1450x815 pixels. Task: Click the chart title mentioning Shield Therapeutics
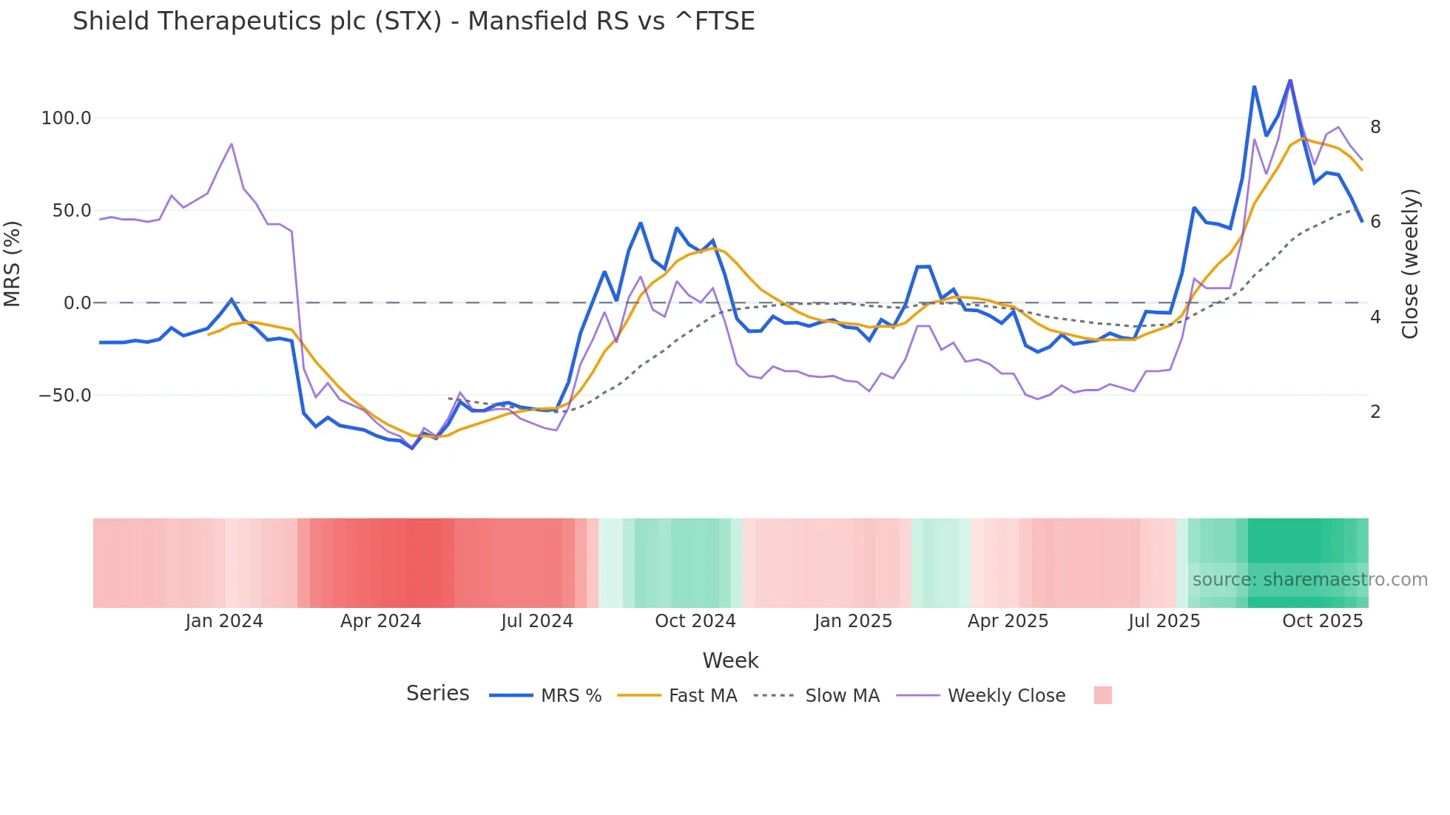413,21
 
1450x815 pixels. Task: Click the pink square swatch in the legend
1102,695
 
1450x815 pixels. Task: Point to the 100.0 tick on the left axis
66,118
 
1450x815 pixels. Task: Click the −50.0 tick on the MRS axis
65,396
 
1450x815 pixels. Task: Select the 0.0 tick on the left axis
77,303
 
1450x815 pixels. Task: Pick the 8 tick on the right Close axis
1375,127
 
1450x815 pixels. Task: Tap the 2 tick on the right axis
1375,412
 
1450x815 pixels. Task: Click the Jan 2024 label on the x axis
224,621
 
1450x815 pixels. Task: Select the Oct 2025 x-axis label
1322,621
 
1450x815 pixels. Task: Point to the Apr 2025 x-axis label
1008,621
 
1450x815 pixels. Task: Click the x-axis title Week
730,660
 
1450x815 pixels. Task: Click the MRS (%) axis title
13,263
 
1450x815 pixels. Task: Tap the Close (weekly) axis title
1410,264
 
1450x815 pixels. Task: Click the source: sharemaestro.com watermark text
1309,580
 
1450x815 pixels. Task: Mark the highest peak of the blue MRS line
1290,80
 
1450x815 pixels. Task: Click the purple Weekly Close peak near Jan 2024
232,144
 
